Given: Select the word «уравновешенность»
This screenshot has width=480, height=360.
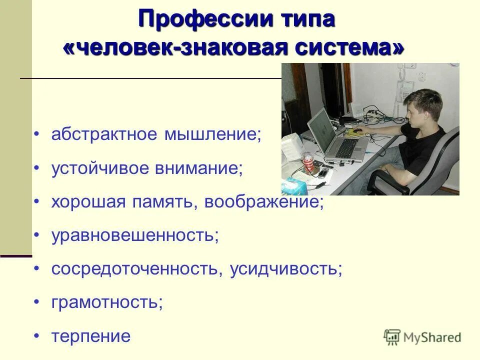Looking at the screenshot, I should click(x=134, y=235).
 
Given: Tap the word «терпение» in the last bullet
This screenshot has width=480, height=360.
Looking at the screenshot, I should click(x=90, y=336).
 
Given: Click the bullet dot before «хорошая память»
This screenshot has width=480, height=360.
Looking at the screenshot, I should click(x=36, y=202).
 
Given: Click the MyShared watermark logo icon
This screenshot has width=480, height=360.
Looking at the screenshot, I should click(x=392, y=337).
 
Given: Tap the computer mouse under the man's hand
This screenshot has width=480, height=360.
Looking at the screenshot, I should click(x=355, y=131).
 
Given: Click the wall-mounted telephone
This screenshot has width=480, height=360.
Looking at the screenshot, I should click(x=407, y=89).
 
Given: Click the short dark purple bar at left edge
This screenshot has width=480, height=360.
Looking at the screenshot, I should click(x=15, y=255).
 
